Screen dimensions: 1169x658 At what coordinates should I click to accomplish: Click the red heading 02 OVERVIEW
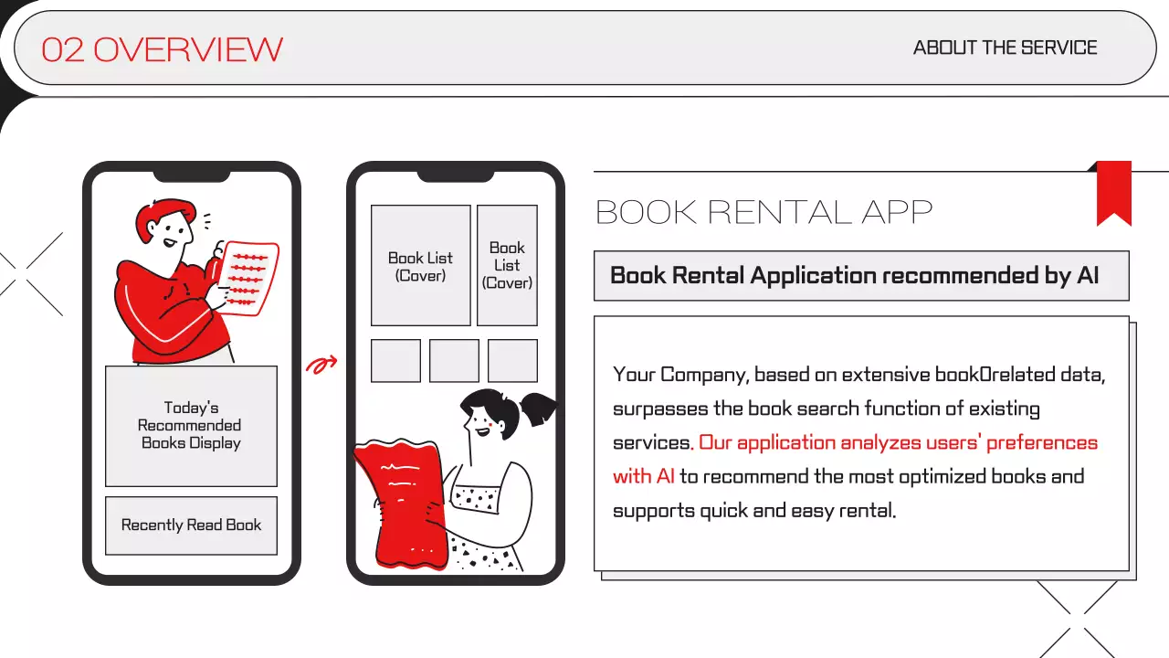click(x=162, y=49)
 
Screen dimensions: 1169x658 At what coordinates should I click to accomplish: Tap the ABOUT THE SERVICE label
click(x=1006, y=48)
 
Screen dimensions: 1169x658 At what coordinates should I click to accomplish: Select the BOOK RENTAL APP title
click(x=764, y=212)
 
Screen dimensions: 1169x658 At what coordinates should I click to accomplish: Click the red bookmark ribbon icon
click(x=1113, y=193)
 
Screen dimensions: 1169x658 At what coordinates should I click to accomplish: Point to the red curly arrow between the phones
click(x=321, y=365)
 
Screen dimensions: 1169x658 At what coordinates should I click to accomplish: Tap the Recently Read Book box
click(x=191, y=525)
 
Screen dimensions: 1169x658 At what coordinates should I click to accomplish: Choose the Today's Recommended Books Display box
click(x=191, y=426)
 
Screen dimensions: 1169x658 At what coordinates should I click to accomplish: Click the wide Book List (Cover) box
click(x=421, y=265)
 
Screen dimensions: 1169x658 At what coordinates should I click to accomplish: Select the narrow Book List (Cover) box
click(x=507, y=265)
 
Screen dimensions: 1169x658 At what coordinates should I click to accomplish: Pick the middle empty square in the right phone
click(x=454, y=361)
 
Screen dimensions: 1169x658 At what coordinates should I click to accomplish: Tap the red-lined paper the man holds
click(x=248, y=279)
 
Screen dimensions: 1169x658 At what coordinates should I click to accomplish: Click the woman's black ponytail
click(x=538, y=409)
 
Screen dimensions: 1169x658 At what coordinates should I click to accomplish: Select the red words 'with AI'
click(x=644, y=476)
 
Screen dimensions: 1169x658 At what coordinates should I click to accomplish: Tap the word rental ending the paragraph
click(x=868, y=510)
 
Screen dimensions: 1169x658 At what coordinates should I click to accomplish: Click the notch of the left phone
click(x=192, y=176)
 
